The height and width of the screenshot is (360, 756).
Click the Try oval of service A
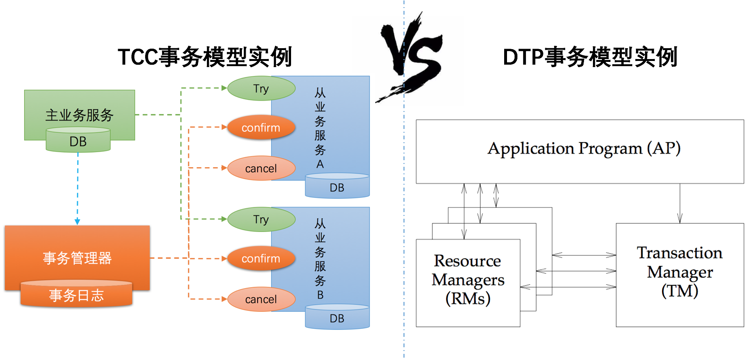[x=261, y=88]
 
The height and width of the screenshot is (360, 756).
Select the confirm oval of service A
[x=261, y=128]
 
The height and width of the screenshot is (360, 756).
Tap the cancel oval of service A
[x=261, y=168]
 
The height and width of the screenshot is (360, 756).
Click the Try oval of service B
[x=261, y=219]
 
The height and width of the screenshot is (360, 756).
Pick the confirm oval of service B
[x=261, y=258]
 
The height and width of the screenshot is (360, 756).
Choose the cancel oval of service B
[x=261, y=299]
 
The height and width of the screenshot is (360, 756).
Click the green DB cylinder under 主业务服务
[x=78, y=141]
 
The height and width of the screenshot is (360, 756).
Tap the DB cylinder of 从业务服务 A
[x=337, y=187]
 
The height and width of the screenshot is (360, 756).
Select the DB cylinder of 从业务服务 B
[x=337, y=318]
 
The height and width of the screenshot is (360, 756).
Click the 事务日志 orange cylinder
[x=76, y=295]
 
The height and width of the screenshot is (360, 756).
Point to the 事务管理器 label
[x=77, y=258]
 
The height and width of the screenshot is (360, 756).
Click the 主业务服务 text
[x=79, y=115]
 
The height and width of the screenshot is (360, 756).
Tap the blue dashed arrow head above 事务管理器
[x=77, y=222]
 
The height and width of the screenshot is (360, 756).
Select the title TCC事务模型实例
[x=205, y=57]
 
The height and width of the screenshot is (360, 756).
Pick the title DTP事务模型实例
[x=590, y=57]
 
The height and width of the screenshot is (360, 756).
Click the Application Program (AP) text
[x=584, y=148]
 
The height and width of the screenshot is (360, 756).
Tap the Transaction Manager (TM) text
[x=679, y=272]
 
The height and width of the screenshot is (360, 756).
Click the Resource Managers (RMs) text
[x=468, y=280]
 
